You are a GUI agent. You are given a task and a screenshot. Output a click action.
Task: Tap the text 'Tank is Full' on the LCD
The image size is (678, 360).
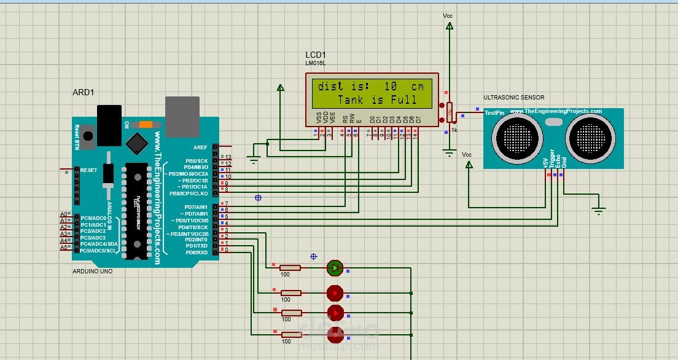pos(377,100)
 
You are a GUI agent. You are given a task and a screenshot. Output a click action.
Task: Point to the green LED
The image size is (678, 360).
pos(335,267)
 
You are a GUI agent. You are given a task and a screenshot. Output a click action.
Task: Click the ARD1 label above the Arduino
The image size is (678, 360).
pos(83,92)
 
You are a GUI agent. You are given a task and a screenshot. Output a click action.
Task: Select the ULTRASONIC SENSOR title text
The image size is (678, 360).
pos(513,98)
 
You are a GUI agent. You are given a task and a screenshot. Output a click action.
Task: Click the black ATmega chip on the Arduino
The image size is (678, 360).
pos(136,211)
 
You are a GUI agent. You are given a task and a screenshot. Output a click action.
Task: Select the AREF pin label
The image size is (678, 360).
pos(200,147)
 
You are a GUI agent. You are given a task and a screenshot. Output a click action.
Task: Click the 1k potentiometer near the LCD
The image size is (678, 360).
pos(450,112)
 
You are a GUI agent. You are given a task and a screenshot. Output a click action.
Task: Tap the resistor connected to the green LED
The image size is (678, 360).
pos(290,268)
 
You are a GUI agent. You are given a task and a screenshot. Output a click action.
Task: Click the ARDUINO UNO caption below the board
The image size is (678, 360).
pos(93,271)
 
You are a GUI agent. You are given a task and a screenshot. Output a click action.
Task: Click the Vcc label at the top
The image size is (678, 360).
pos(448,15)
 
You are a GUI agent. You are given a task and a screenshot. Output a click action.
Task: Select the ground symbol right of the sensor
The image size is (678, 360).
pos(598,211)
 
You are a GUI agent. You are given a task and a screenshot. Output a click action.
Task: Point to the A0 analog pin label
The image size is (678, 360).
pos(63,214)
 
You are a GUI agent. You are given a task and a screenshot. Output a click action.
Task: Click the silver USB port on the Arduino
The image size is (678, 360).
pos(182,114)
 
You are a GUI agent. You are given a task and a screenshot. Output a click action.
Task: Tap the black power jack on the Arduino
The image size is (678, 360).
pos(109,125)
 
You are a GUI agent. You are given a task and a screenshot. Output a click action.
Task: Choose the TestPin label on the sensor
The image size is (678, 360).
pos(494,113)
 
